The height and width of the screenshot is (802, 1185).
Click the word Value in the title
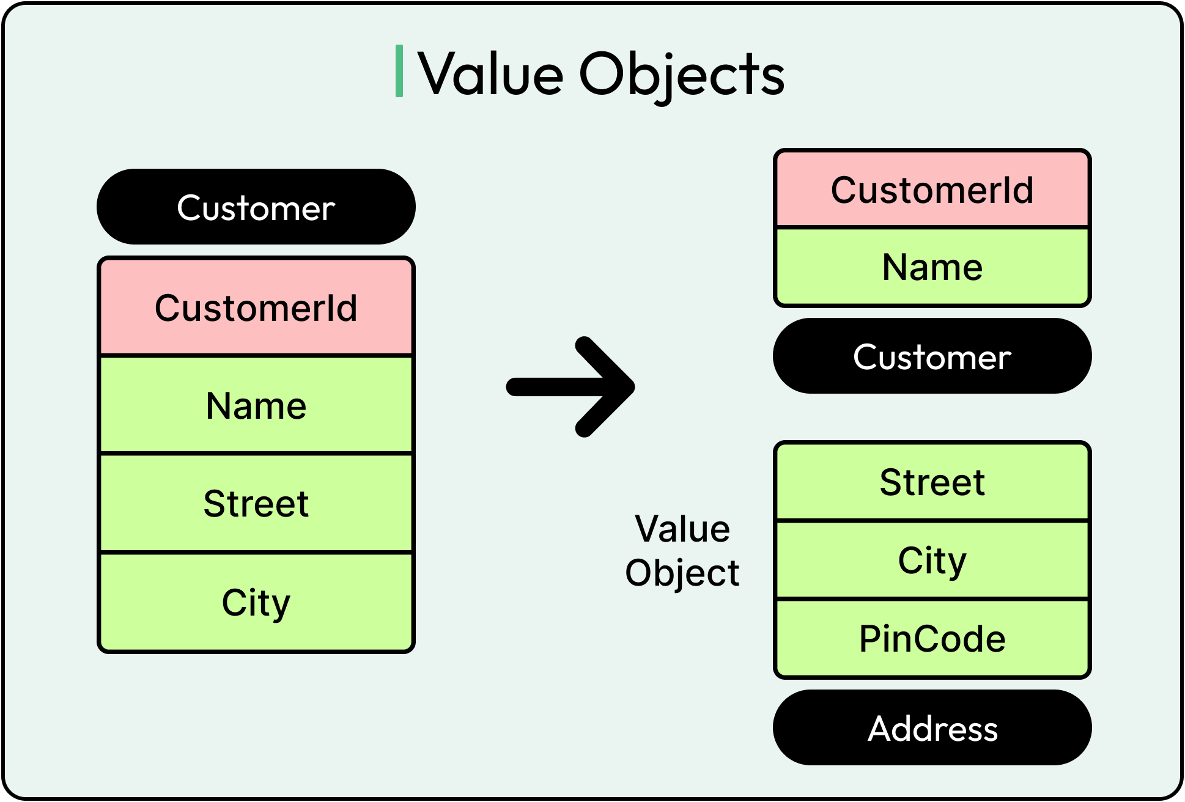click(490, 75)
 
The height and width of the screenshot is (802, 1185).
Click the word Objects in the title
click(681, 75)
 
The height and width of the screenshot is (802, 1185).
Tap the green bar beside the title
click(399, 71)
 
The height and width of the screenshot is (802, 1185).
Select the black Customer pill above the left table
click(256, 207)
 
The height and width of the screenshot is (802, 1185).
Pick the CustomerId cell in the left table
click(256, 307)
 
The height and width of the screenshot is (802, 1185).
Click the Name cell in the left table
click(256, 406)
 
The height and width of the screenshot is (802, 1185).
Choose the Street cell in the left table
click(256, 504)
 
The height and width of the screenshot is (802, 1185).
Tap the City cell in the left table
click(256, 603)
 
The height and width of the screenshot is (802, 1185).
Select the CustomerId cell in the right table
click(932, 189)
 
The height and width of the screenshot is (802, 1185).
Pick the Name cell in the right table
click(932, 267)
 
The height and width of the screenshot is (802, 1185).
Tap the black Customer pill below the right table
click(932, 356)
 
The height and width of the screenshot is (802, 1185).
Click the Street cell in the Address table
click(932, 482)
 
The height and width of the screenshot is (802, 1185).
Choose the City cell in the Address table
click(932, 560)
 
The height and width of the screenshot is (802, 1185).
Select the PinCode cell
click(932, 639)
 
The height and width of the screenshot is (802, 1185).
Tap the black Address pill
click(932, 728)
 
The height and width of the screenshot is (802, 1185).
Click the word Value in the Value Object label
click(682, 529)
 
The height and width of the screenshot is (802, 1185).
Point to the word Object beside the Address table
click(682, 573)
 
